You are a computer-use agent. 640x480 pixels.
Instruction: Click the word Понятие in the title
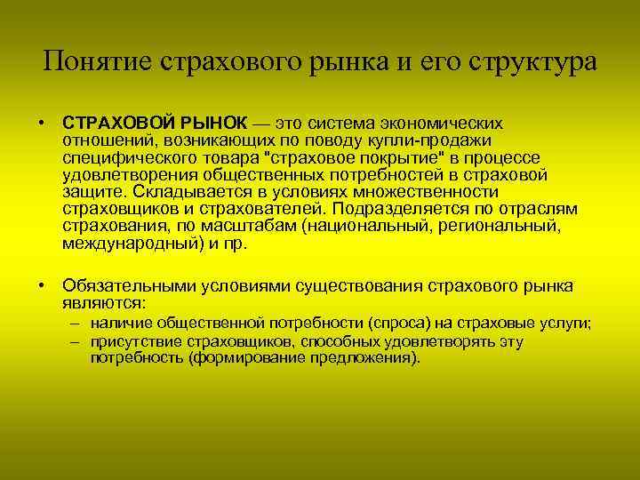click(99, 62)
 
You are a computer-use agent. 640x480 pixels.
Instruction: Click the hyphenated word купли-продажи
click(439, 140)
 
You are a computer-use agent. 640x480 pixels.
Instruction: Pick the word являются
click(104, 302)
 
